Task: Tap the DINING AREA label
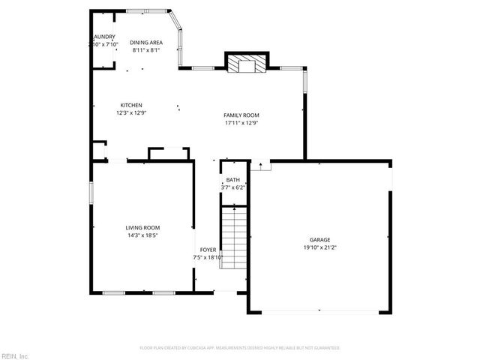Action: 145,43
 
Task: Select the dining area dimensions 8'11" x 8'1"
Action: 145,51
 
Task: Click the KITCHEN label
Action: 131,105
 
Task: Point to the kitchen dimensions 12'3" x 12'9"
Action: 131,113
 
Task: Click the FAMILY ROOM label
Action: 241,115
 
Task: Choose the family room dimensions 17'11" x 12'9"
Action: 241,123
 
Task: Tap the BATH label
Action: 233,180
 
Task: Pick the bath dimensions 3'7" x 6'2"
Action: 233,188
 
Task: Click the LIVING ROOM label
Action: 142,227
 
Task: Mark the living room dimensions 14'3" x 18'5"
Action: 142,235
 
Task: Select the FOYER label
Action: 208,249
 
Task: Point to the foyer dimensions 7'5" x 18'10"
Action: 208,257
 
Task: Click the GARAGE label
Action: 319,239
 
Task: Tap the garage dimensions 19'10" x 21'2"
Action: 319,247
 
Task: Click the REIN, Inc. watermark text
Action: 15,355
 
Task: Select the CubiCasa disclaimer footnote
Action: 240,348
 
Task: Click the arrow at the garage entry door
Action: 259,165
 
